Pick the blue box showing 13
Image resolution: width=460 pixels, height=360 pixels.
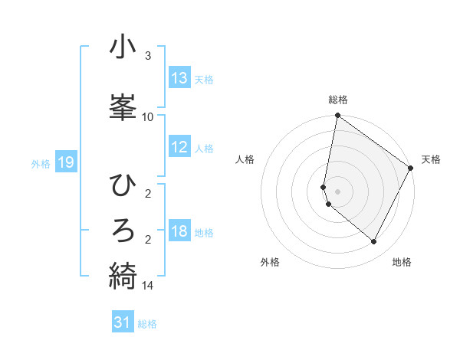coord(179,78)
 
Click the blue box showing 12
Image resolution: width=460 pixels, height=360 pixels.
coord(179,148)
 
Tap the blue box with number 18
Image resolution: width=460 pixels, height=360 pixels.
coord(179,232)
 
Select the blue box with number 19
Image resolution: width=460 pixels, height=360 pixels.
coord(66,162)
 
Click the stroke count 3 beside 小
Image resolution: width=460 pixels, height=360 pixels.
coord(148,56)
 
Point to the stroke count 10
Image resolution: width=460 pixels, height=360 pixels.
coord(148,117)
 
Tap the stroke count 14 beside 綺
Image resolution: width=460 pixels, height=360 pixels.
coord(148,286)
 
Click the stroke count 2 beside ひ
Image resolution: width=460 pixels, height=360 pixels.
coord(148,194)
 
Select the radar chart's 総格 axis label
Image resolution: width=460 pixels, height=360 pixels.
coord(338,100)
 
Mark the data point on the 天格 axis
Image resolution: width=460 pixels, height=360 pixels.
coord(411,169)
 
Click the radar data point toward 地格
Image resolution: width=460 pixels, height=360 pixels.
coord(374,242)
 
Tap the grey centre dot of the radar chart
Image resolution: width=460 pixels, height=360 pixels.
coord(338,191)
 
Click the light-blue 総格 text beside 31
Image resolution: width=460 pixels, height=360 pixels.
coord(147,324)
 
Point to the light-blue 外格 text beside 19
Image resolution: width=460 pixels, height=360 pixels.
coord(41,163)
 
